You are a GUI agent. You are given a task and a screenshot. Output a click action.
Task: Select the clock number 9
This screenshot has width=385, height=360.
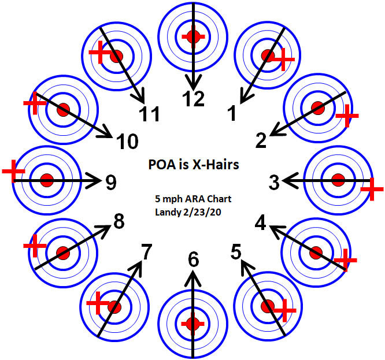tap(111, 183)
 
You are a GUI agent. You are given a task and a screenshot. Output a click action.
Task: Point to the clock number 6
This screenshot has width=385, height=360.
tap(194, 261)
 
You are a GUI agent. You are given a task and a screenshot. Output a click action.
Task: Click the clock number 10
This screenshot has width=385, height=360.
tap(127, 140)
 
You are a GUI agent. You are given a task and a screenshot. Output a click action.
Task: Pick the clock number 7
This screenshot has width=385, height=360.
tap(147, 251)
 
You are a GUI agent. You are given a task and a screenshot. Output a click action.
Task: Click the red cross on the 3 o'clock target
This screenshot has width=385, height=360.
tap(371, 189)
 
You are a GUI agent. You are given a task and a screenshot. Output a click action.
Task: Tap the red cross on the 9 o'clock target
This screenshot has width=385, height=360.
tap(13, 172)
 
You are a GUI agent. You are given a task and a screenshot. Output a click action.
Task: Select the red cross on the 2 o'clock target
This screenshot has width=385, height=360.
tap(347, 117)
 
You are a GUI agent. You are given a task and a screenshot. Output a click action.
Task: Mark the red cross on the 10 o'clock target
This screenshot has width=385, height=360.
tap(34, 102)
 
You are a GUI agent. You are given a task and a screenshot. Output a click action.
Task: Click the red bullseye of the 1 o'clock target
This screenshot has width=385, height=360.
tap(268, 55)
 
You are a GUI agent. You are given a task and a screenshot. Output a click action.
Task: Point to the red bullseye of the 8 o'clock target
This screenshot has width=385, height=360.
tap(63, 253)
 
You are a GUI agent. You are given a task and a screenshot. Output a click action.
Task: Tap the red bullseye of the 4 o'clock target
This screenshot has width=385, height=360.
tap(316, 253)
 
